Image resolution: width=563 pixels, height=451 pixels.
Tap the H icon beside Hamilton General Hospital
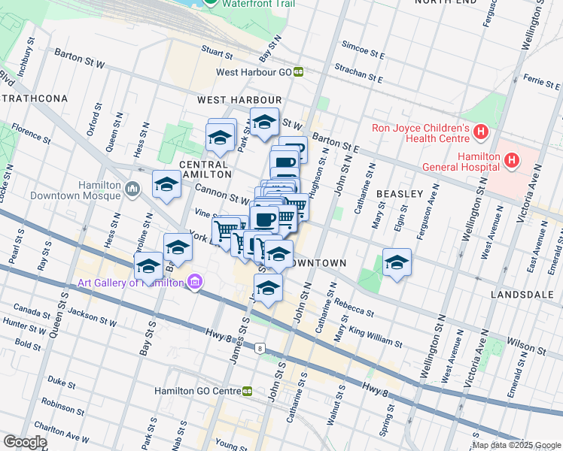pyautogui.click(x=512, y=159)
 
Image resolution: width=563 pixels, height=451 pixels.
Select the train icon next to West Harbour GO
pyautogui.click(x=299, y=72)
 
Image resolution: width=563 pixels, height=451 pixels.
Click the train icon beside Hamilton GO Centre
pyautogui.click(x=247, y=392)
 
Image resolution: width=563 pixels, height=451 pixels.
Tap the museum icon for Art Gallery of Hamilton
pyautogui.click(x=195, y=283)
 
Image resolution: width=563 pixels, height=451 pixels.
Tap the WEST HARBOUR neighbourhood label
pyautogui.click(x=239, y=100)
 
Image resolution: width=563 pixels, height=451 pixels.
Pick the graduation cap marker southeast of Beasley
pyautogui.click(x=397, y=262)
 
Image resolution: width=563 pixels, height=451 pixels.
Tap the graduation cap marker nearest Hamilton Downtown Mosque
pyautogui.click(x=166, y=185)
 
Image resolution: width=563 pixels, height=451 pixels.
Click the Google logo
pyautogui.click(x=24, y=441)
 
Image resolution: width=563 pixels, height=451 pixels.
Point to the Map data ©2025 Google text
pyautogui.click(x=517, y=446)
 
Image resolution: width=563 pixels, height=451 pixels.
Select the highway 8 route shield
pyautogui.click(x=260, y=349)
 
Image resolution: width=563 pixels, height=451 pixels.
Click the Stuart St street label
pyautogui.click(x=217, y=53)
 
